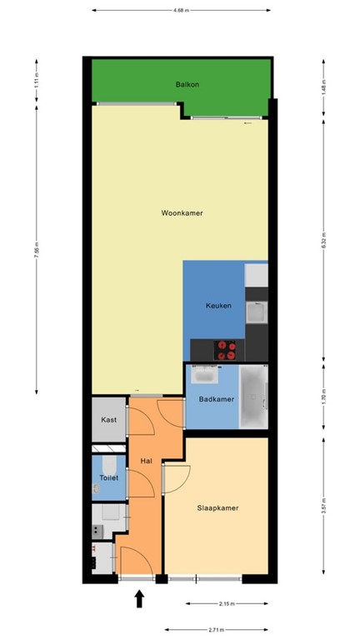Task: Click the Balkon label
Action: tap(187, 84)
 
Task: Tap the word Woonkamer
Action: tap(182, 213)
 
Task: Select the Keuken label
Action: tap(218, 306)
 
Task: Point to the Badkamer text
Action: tap(217, 399)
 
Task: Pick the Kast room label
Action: tap(108, 420)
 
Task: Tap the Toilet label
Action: tap(109, 477)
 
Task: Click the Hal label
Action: tap(145, 459)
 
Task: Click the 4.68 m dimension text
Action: tap(180, 10)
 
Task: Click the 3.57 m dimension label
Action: tap(324, 505)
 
